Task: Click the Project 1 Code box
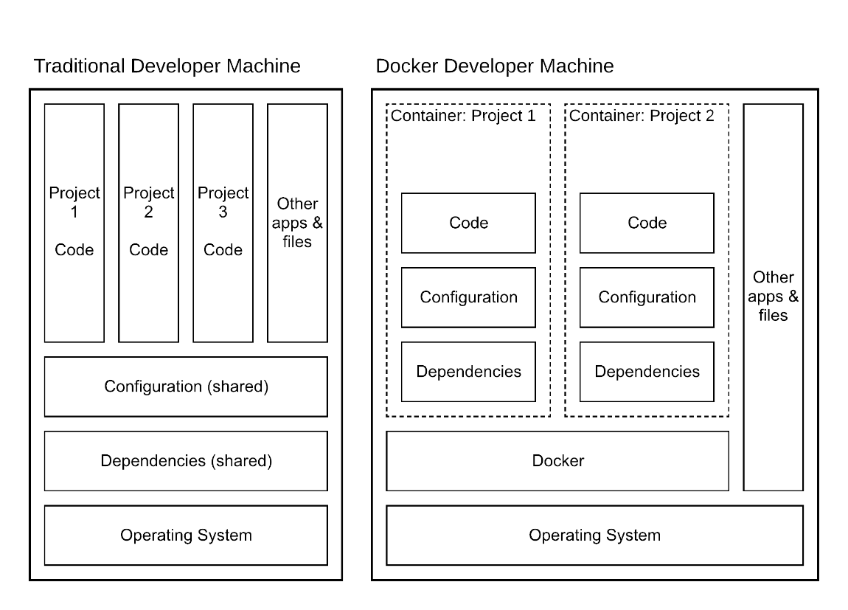click(x=74, y=223)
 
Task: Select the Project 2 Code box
click(x=148, y=223)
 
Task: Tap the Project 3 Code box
click(x=223, y=223)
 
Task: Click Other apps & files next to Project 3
click(x=297, y=223)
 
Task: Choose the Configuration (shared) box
click(x=186, y=387)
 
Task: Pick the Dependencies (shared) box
click(x=186, y=461)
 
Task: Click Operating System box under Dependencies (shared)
click(x=186, y=536)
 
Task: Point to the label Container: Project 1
click(x=463, y=116)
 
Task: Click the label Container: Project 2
click(x=642, y=116)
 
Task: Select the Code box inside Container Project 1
click(x=468, y=223)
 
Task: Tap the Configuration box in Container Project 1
click(x=468, y=297)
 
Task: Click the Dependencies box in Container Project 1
click(x=468, y=372)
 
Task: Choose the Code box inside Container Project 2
click(x=647, y=223)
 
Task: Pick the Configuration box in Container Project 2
click(x=647, y=297)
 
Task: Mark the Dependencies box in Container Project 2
click(x=647, y=372)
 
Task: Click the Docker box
click(x=557, y=461)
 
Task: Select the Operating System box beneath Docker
click(x=594, y=536)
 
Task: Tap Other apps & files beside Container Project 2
click(x=773, y=297)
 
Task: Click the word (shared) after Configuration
click(x=240, y=387)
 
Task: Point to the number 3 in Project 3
click(x=223, y=212)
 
